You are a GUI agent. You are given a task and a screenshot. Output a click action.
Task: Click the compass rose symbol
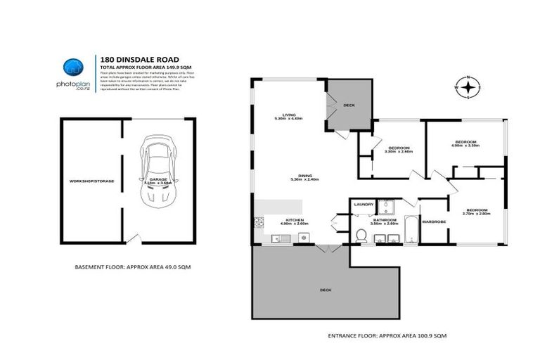click(x=468, y=87)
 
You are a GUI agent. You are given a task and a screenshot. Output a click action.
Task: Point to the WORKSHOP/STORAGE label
click(x=91, y=181)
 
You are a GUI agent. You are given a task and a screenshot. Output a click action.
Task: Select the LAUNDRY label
click(x=364, y=205)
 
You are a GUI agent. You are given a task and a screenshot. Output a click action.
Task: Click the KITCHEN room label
click(x=290, y=221)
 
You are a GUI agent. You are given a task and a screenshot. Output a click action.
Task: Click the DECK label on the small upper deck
click(x=349, y=106)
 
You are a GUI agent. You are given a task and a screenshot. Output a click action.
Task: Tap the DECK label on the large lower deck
click(x=325, y=290)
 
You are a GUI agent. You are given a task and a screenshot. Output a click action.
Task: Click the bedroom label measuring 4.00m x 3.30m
click(x=465, y=143)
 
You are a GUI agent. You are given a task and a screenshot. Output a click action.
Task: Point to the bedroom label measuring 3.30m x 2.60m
click(x=399, y=148)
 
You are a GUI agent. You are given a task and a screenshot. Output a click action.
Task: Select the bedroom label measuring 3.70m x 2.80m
click(x=477, y=211)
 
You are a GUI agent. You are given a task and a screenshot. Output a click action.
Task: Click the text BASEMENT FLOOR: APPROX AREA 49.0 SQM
click(x=133, y=267)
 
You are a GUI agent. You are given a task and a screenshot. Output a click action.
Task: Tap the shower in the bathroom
click(x=386, y=207)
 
